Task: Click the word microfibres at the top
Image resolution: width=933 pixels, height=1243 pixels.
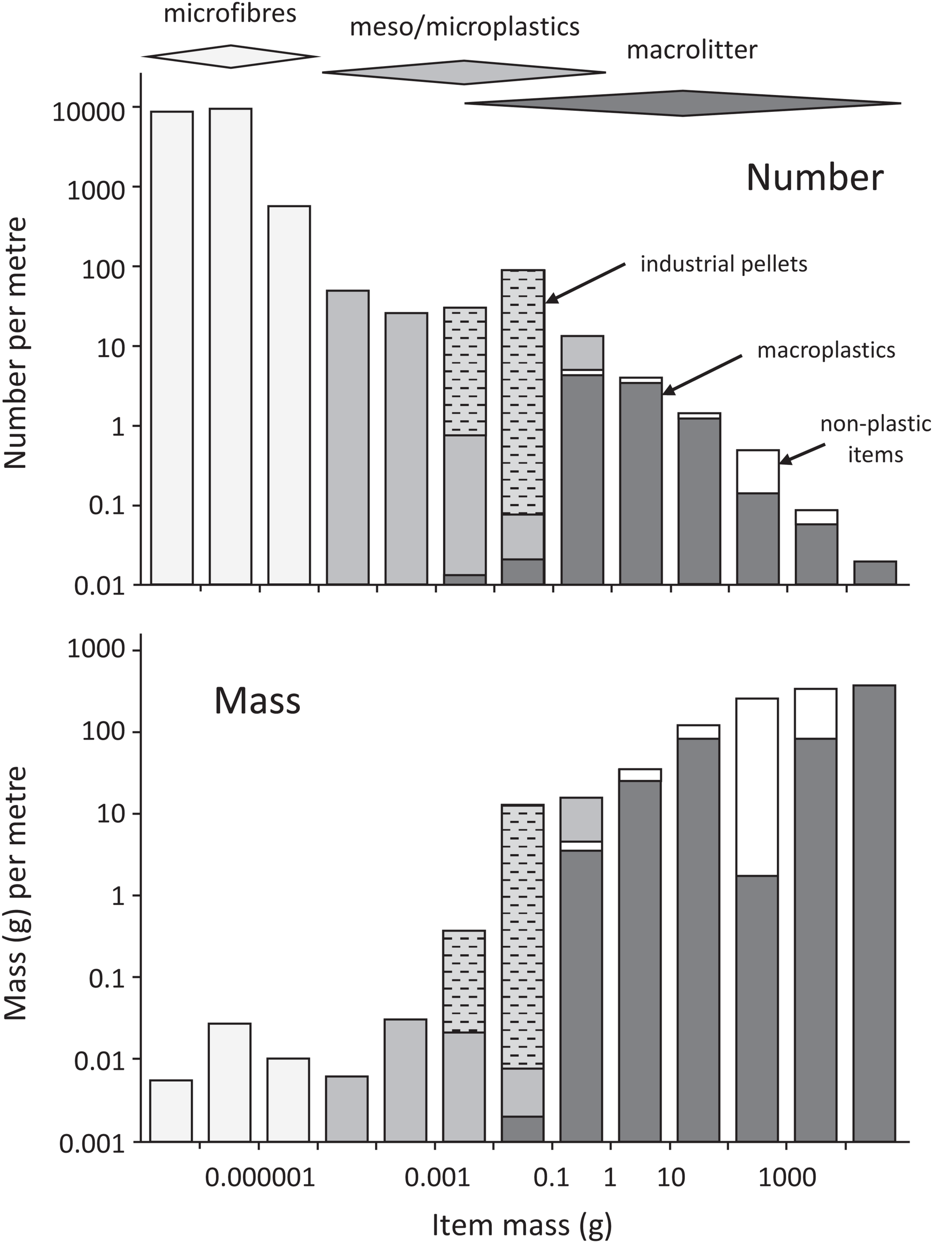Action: pos(230,13)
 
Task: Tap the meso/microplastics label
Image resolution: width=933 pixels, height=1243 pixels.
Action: pos(464,27)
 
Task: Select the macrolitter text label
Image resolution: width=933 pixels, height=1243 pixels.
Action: pos(692,50)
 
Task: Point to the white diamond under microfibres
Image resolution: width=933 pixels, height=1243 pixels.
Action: pos(230,56)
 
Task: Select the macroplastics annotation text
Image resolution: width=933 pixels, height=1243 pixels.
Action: pos(826,350)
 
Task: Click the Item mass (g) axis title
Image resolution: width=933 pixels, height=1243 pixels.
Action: pos(522,1225)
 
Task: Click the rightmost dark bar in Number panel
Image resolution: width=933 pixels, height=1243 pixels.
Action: pos(874,573)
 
